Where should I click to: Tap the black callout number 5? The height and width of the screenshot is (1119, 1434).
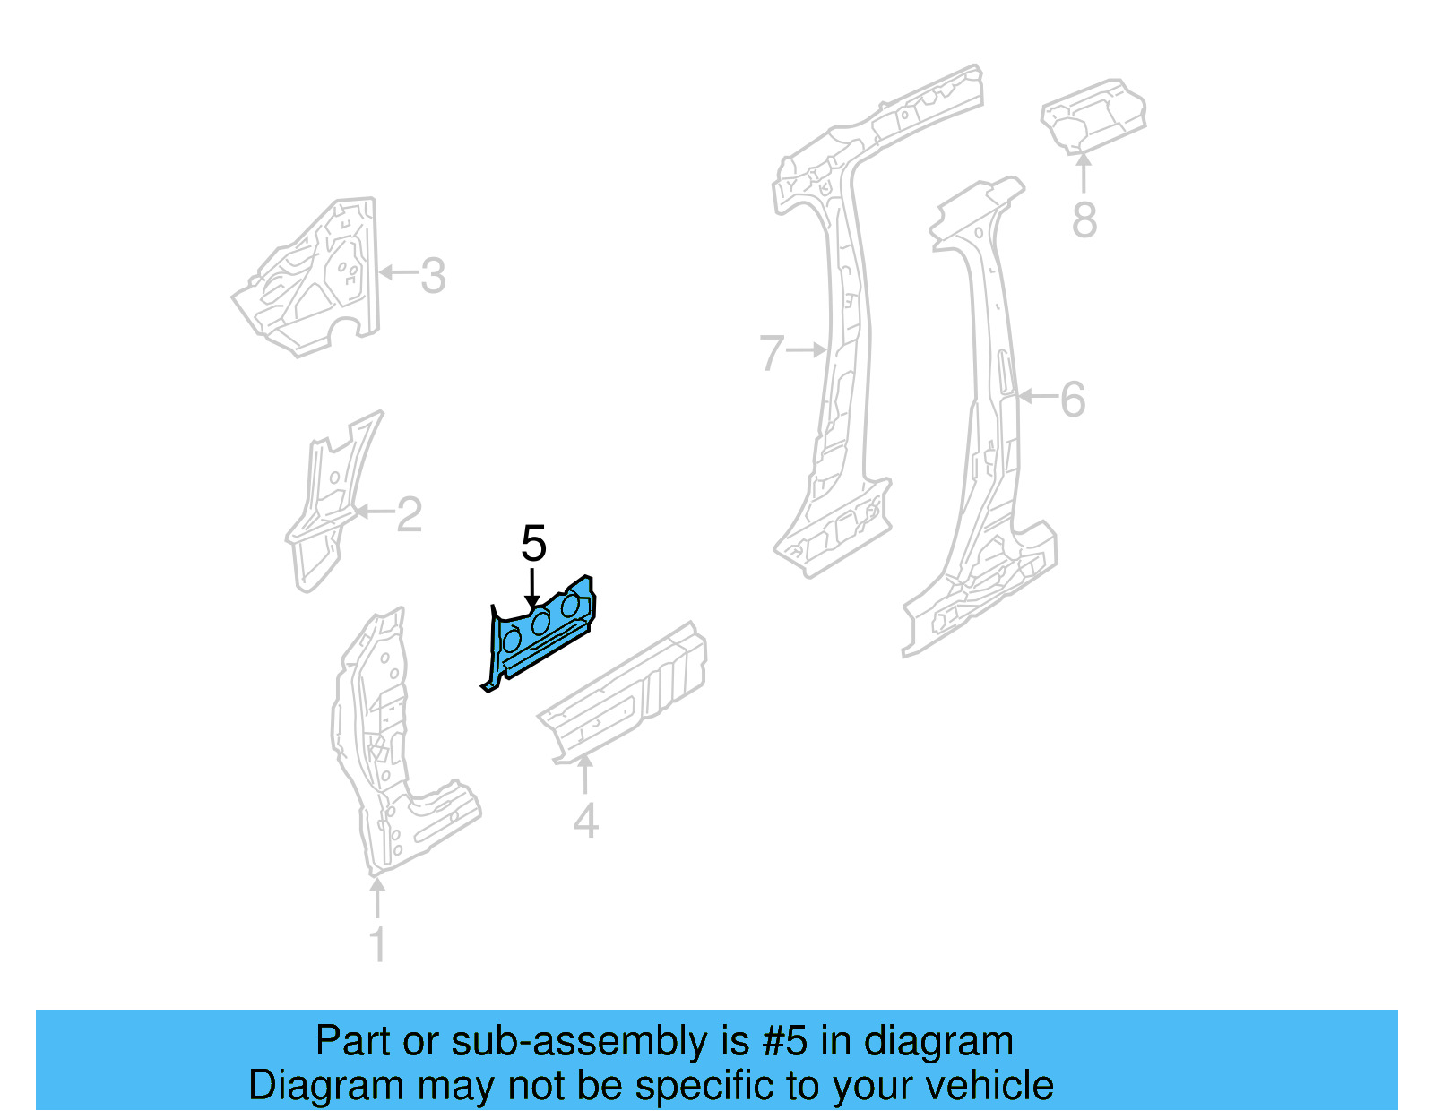coord(533,544)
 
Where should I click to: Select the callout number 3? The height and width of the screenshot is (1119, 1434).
coord(433,276)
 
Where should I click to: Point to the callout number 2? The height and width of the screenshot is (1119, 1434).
coord(409,515)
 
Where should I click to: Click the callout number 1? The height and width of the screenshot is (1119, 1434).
coord(378,944)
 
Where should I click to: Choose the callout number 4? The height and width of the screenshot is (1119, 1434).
coord(585,820)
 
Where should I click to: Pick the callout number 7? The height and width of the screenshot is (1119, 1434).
coord(772,353)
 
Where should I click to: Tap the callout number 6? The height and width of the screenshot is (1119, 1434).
coord(1073,400)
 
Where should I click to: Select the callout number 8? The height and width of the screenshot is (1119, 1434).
coord(1084,219)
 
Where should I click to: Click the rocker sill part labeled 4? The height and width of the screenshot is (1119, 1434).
coord(627,699)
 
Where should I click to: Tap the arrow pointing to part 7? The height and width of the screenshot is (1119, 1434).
coord(808,350)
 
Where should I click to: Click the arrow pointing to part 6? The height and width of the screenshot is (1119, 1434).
coord(1037,396)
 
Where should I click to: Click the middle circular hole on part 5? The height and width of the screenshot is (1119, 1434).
coord(540,623)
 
